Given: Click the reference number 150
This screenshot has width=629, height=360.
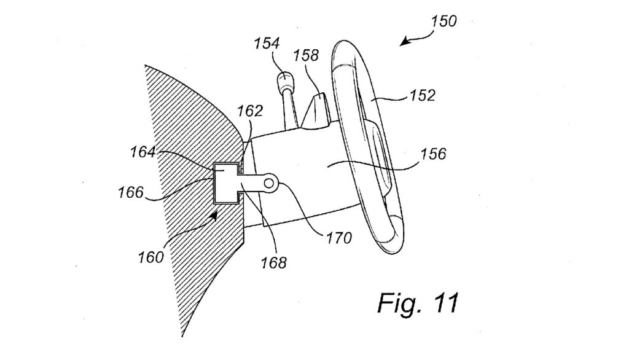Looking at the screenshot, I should pyautogui.click(x=444, y=21).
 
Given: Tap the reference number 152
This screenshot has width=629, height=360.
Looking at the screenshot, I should pyautogui.click(x=422, y=96).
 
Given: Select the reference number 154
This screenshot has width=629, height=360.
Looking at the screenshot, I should pyautogui.click(x=267, y=44).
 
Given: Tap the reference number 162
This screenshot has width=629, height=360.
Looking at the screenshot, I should pyautogui.click(x=251, y=111).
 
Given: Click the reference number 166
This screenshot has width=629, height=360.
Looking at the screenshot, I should pyautogui.click(x=131, y=192).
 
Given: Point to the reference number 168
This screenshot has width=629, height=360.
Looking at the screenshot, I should pyautogui.click(x=273, y=263).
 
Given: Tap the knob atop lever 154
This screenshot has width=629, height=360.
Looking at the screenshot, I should pyautogui.click(x=284, y=80).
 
